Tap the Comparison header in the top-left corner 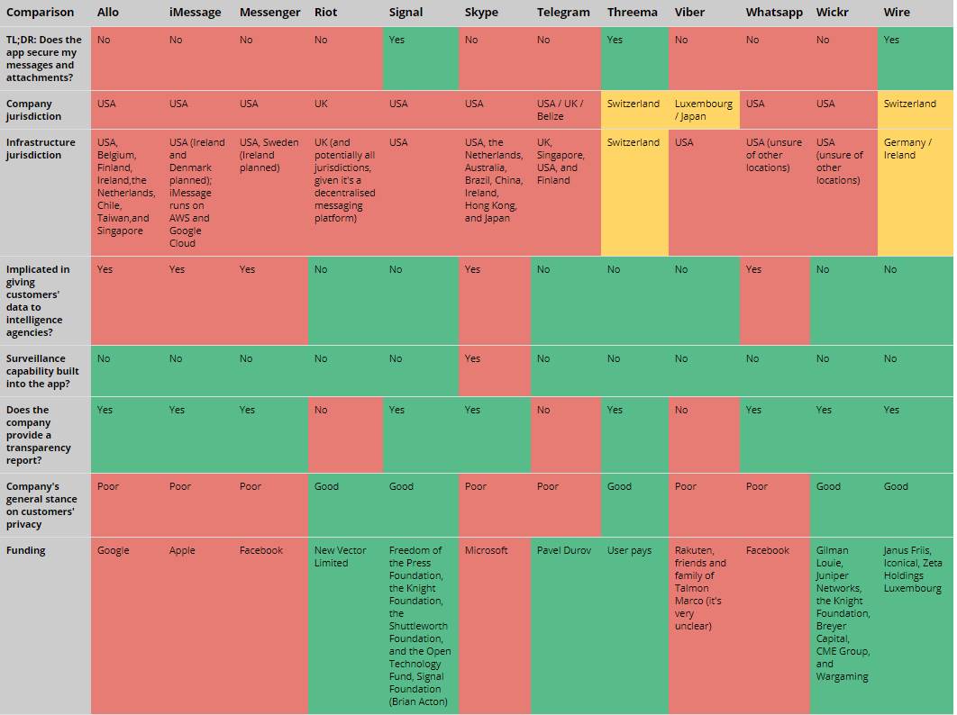coord(41,13)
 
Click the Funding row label coord(25,550)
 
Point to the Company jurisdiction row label coord(30,110)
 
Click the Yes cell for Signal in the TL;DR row coord(396,40)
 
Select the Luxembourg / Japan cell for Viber coord(703,110)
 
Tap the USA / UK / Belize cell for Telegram coord(560,110)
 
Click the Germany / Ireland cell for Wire coord(907,149)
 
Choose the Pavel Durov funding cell coord(564,550)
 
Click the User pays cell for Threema coord(629,550)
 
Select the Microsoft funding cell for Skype coord(487,550)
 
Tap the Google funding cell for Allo coord(114,550)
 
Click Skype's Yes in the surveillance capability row coord(472,358)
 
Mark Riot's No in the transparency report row coord(321,410)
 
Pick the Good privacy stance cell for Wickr coord(828,486)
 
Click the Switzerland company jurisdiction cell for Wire coord(909,104)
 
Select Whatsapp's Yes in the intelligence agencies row coord(753,269)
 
